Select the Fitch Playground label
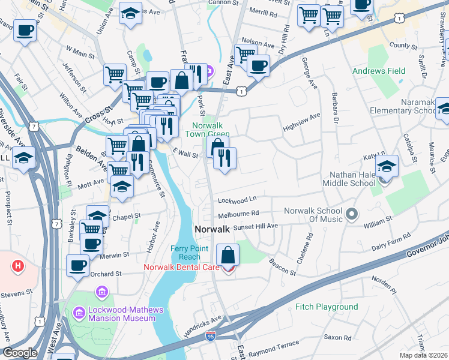click(x=327, y=307)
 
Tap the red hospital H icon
click(x=18, y=265)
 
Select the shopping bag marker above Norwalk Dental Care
click(x=228, y=255)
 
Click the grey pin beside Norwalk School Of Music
click(x=352, y=213)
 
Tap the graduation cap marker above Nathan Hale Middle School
click(x=388, y=164)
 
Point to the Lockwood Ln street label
click(x=237, y=199)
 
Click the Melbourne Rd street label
click(x=239, y=213)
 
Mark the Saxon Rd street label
click(x=337, y=337)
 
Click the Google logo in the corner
click(x=20, y=353)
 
